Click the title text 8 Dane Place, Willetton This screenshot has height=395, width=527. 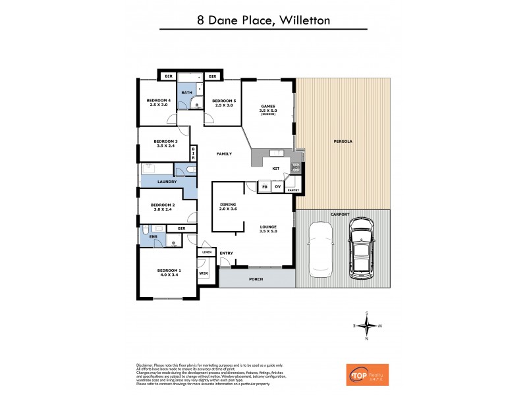263,20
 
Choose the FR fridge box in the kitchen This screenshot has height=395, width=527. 264,186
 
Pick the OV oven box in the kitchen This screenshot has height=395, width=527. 277,186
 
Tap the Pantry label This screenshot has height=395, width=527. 293,190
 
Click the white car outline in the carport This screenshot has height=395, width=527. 321,248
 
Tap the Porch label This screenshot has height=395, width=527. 256,279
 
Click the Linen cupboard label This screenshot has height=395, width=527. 207,252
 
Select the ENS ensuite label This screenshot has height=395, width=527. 153,235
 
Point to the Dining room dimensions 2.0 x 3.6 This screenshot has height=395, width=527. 227,209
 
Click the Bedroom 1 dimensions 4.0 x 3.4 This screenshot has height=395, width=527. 169,275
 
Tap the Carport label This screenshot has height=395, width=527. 341,215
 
